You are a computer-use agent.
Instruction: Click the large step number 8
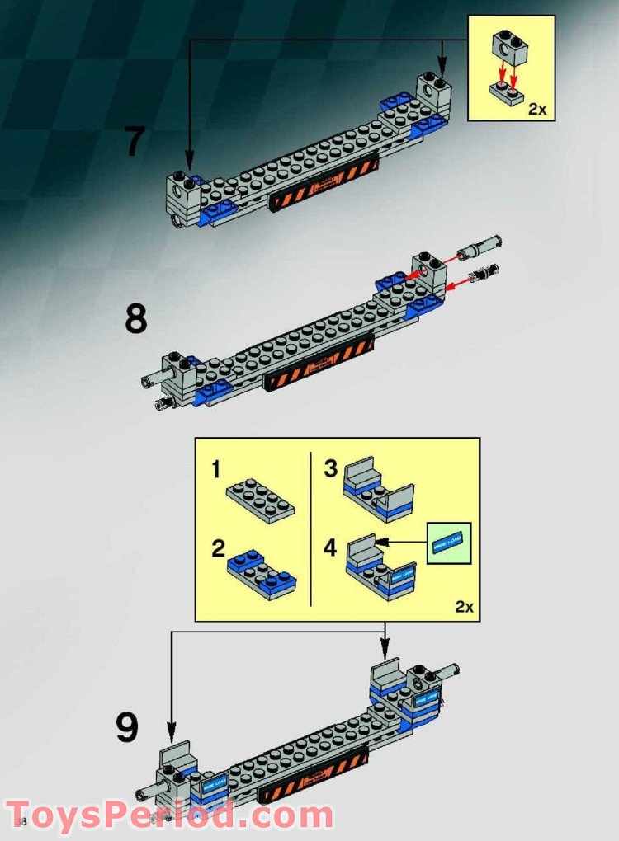coord(136,319)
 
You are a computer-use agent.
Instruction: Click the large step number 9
coord(126,728)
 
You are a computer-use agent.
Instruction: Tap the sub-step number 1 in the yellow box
coord(216,470)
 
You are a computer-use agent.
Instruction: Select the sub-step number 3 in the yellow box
coord(331,469)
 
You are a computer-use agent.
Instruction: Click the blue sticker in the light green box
coord(448,543)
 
